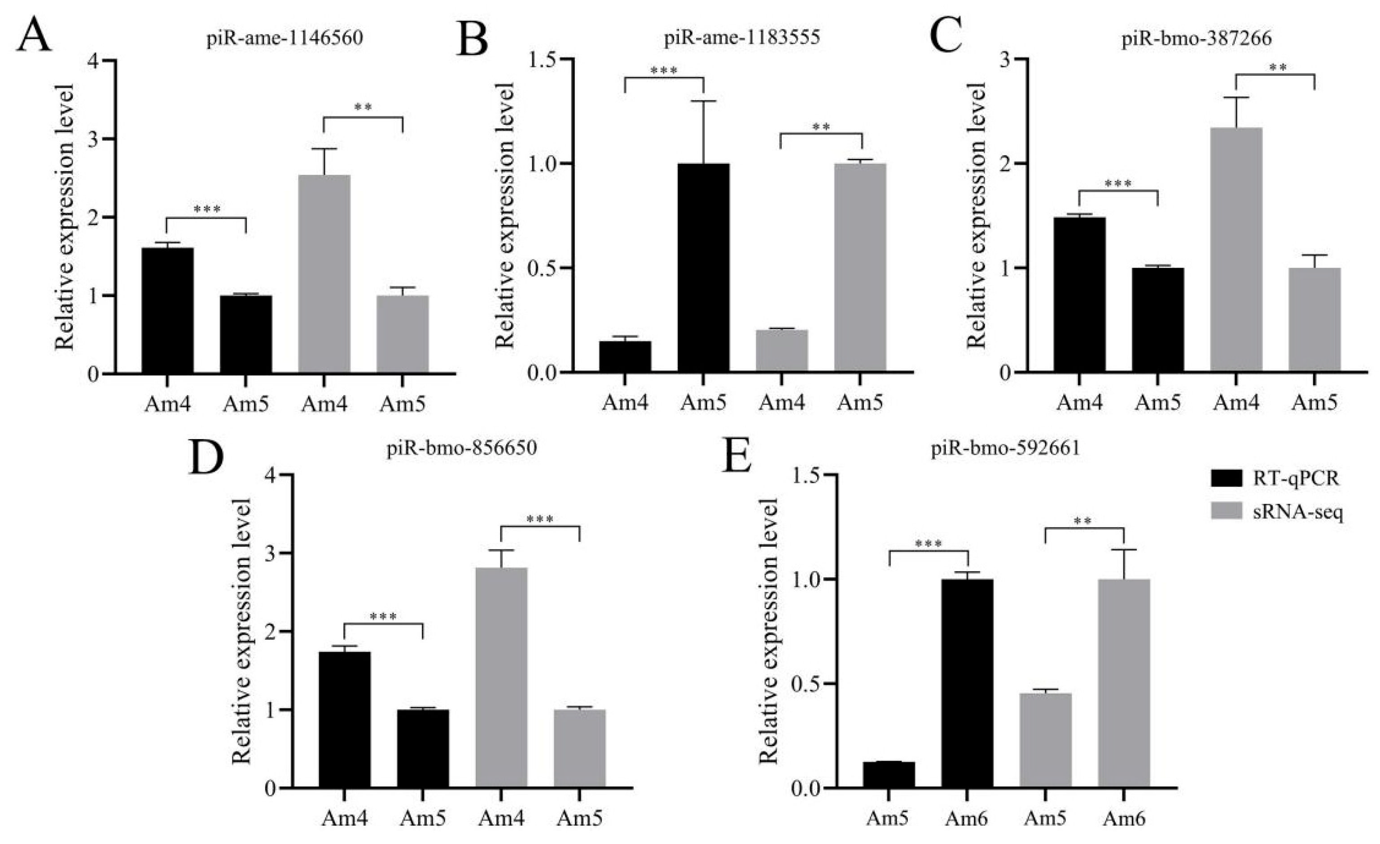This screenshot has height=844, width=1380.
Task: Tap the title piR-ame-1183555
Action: click(x=743, y=38)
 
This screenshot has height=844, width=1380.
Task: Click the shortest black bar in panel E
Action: click(x=889, y=774)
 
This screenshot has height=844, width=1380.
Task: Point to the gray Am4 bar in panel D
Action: click(x=501, y=677)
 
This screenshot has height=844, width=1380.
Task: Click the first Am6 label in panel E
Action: click(x=967, y=819)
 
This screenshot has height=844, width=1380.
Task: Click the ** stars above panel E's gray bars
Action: click(x=1083, y=521)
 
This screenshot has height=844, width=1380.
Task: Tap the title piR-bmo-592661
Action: click(x=1005, y=450)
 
